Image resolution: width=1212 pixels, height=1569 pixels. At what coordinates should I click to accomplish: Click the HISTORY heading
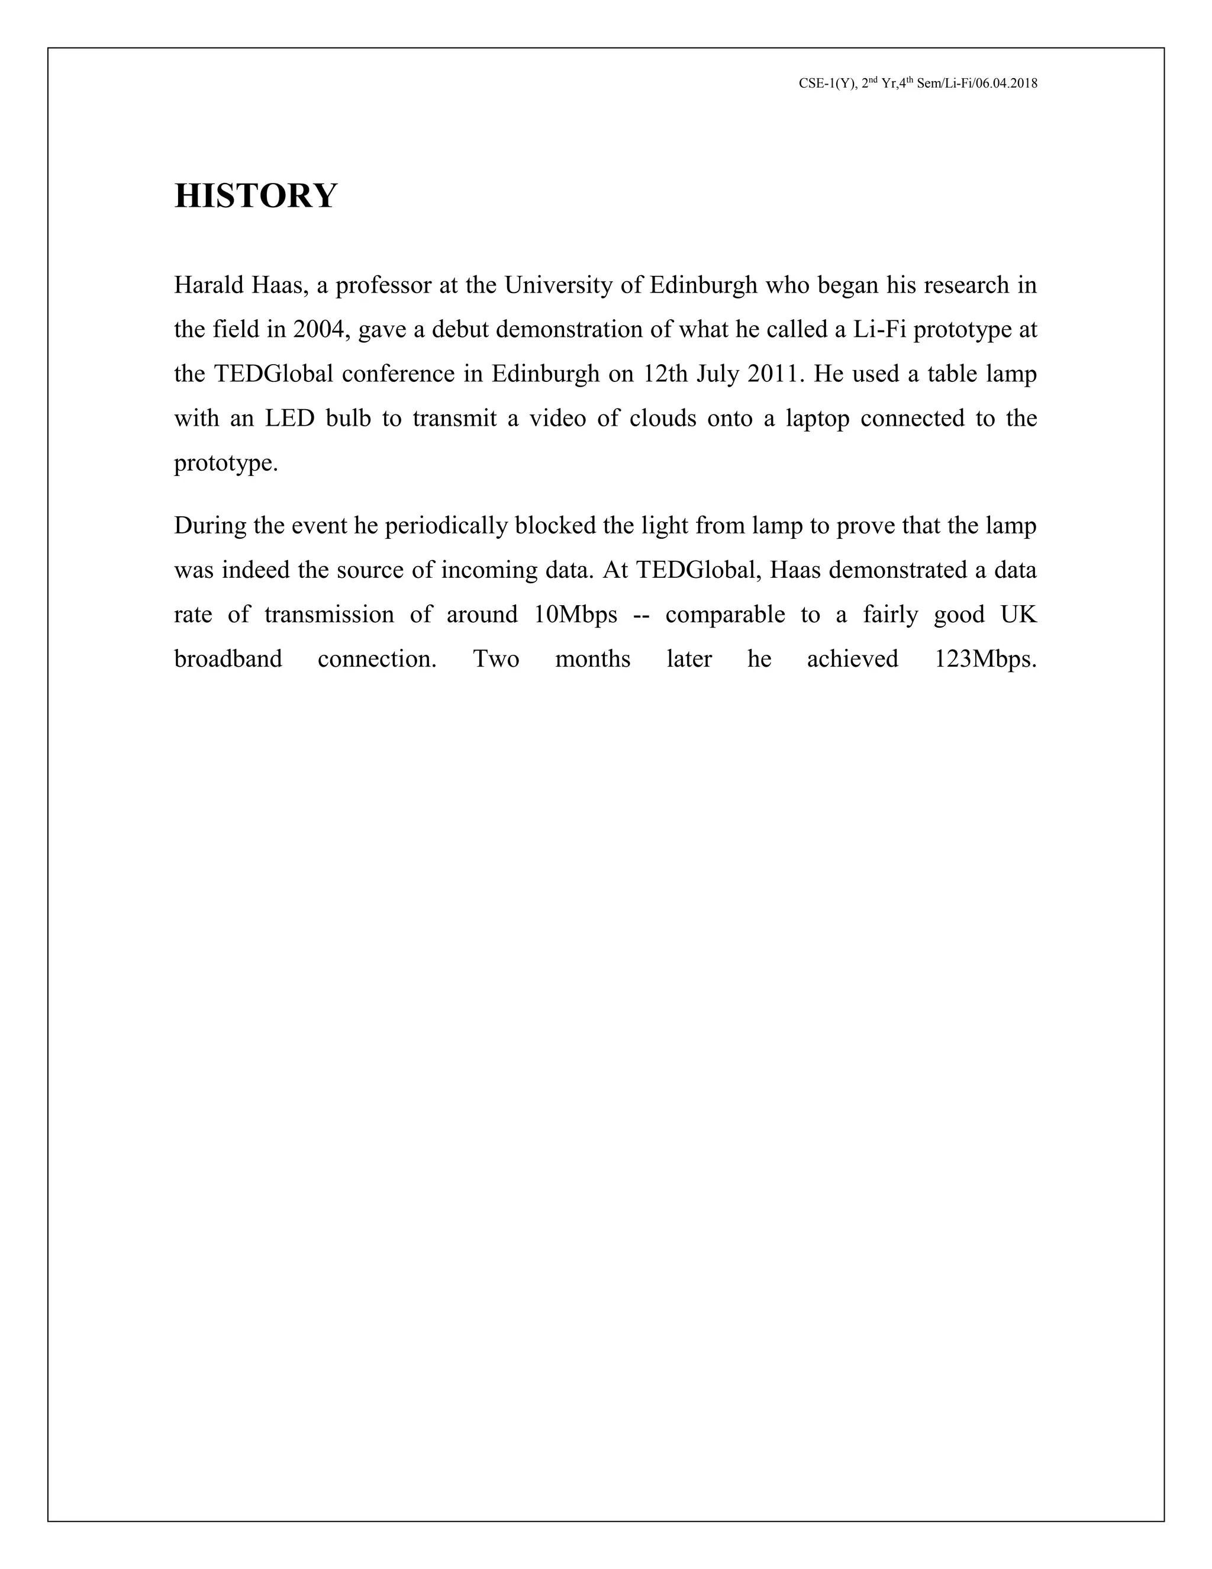[255, 196]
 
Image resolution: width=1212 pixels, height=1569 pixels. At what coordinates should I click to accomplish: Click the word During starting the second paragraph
[209, 526]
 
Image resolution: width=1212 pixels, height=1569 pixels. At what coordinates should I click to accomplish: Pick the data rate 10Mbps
[575, 615]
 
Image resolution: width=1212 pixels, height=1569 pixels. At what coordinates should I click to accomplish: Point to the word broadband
[228, 660]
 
